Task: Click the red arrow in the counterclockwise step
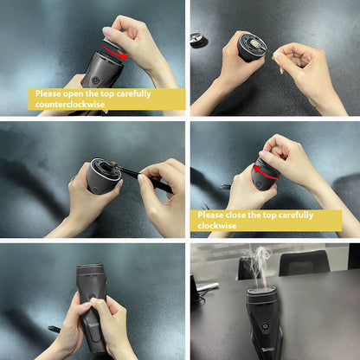click(116, 54)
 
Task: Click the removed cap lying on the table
click(198, 39)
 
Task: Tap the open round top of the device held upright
click(253, 44)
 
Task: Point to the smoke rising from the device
click(260, 264)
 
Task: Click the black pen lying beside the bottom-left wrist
click(54, 330)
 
